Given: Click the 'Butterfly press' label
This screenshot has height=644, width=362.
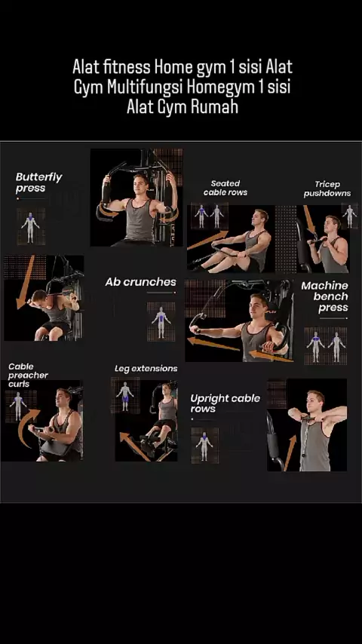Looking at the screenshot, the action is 38,182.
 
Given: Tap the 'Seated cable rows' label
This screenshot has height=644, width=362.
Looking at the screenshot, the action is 225,188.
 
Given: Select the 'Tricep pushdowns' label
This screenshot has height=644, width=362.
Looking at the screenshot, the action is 327,189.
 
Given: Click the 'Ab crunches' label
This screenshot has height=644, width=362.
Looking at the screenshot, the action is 140,282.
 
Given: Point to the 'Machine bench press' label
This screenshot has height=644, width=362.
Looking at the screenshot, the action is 324,296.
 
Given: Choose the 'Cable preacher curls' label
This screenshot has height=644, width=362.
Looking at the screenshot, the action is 28,375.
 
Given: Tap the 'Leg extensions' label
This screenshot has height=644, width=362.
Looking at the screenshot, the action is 146,369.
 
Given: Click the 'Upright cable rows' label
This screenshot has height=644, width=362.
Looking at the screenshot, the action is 225,403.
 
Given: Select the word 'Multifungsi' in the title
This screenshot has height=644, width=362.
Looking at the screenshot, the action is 146,87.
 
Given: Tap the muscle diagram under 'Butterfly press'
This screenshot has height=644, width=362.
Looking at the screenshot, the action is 30,226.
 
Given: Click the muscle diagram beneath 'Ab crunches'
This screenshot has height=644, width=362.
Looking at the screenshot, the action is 161,321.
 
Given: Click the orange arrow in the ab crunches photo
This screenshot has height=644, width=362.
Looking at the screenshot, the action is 25,282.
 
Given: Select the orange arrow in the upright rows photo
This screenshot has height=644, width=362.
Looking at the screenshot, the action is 290,453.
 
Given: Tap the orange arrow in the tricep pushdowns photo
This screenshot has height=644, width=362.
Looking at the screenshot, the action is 309,220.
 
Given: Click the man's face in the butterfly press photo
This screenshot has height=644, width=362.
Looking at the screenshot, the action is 140,185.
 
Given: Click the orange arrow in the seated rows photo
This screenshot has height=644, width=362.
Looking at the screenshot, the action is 207,240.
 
